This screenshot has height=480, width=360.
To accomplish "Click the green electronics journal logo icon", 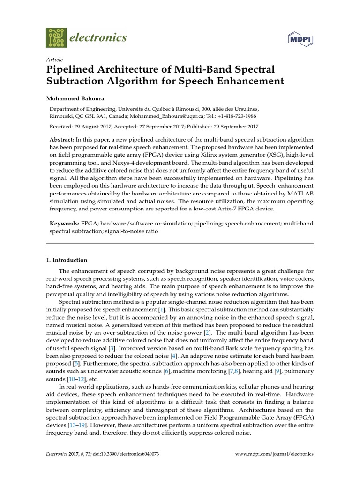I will pos(56,37).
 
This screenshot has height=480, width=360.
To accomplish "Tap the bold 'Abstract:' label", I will pos(62,141).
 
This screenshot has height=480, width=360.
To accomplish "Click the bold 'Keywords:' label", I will pos(64,224).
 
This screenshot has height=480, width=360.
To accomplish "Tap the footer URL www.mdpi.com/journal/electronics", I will pos(274,454).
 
